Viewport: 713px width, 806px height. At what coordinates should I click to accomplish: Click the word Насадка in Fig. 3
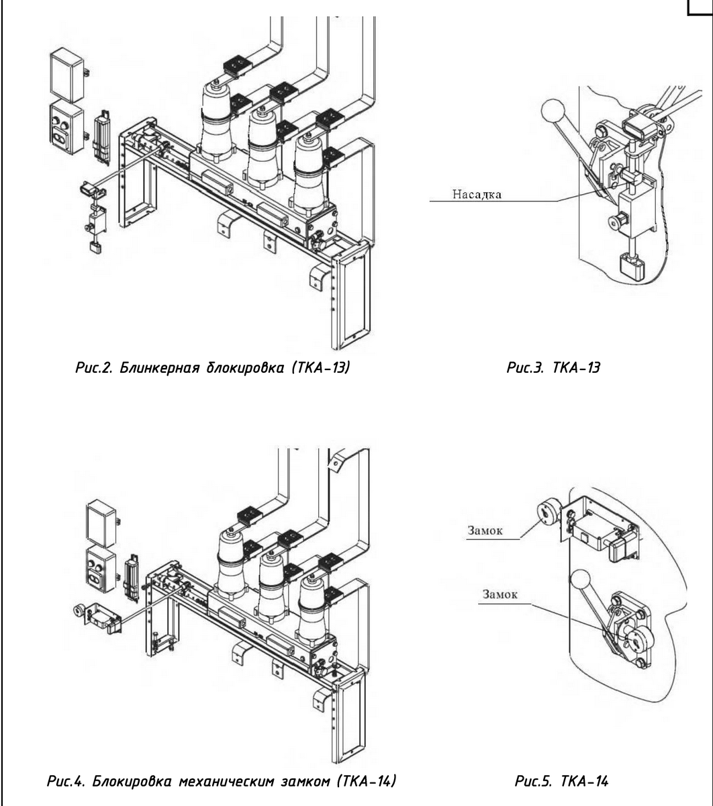click(477, 194)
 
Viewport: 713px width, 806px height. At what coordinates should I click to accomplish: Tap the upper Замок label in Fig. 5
click(485, 531)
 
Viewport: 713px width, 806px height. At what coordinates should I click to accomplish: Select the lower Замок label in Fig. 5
click(500, 594)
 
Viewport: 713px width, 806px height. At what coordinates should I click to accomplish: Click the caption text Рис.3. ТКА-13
click(553, 367)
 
